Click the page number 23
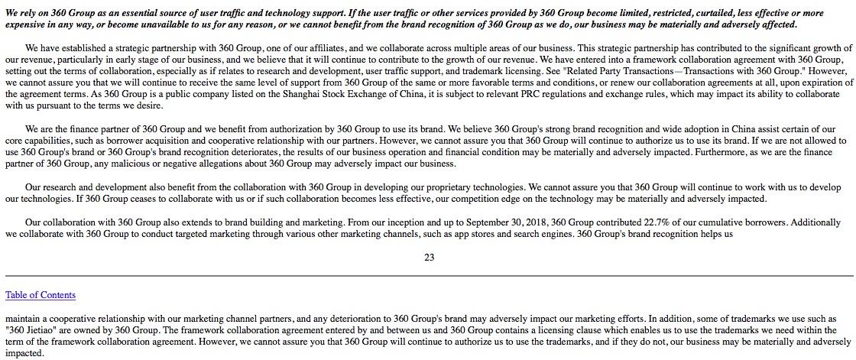coord(429,258)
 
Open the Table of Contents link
coord(41,295)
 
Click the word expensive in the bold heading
coord(27,24)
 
